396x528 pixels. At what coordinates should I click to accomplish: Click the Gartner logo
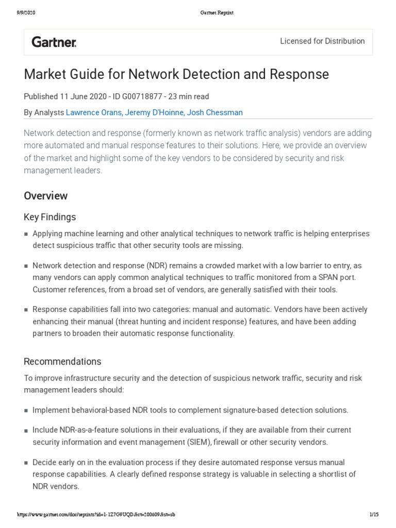pyautogui.click(x=54, y=42)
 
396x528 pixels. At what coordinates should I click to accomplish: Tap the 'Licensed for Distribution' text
pyautogui.click(x=322, y=41)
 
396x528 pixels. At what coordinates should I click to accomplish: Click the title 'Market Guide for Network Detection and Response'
pyautogui.click(x=176, y=74)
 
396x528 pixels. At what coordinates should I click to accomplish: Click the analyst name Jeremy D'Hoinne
pyautogui.click(x=153, y=112)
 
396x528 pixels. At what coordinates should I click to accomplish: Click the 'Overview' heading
pyautogui.click(x=45, y=196)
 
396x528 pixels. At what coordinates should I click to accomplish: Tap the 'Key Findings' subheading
pyautogui.click(x=49, y=217)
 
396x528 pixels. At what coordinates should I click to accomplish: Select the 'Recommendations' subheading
pyautogui.click(x=62, y=361)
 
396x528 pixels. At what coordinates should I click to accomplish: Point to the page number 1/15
pyautogui.click(x=374, y=515)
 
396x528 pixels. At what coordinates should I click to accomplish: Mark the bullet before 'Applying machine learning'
pyautogui.click(x=26, y=235)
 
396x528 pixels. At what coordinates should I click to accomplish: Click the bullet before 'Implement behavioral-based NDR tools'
pyautogui.click(x=26, y=411)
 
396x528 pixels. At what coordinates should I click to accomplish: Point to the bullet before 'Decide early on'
pyautogui.click(x=26, y=463)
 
